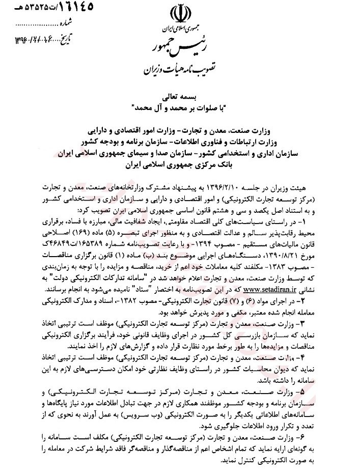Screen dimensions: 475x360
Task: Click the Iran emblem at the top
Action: pyautogui.click(x=180, y=14)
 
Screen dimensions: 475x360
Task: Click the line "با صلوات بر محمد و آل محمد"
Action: pyautogui.click(x=179, y=106)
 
